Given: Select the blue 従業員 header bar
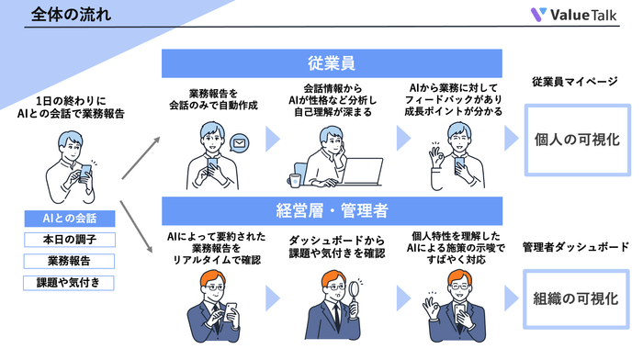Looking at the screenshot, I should [x=332, y=63].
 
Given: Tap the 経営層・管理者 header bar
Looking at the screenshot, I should [x=332, y=208].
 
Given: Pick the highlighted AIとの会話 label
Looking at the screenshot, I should [x=69, y=219].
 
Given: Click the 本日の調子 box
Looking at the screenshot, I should [x=69, y=240].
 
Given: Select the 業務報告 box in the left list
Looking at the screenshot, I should [x=69, y=261].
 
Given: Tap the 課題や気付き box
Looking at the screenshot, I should [x=69, y=283].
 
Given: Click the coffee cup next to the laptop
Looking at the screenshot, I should [x=295, y=179].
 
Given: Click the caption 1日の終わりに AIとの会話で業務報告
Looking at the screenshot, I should [x=69, y=106].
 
